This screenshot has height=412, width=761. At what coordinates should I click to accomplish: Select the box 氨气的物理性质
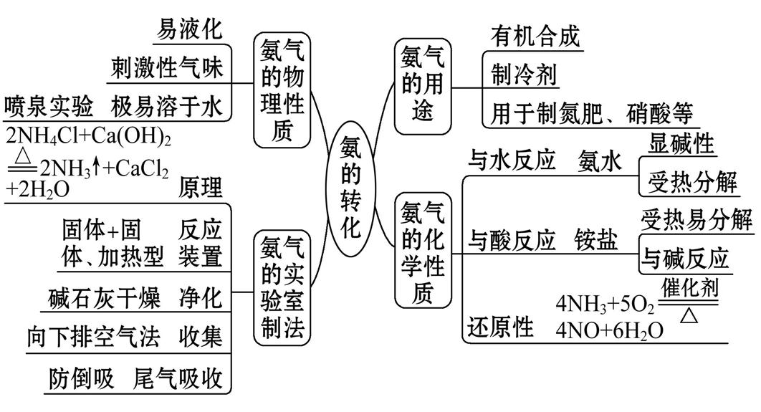point(282,91)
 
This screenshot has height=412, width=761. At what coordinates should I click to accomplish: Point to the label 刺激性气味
point(167,68)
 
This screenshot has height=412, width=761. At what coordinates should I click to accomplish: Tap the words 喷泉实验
point(48,107)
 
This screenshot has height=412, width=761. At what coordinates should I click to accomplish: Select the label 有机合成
point(535,35)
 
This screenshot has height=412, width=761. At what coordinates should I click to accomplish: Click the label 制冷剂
point(525,73)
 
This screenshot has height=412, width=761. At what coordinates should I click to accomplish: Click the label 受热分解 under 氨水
point(692,183)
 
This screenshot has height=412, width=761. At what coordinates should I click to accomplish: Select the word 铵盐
point(595,240)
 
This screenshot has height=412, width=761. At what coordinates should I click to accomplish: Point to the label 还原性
point(501,327)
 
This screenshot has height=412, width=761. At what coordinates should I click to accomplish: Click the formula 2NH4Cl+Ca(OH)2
point(87,137)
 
